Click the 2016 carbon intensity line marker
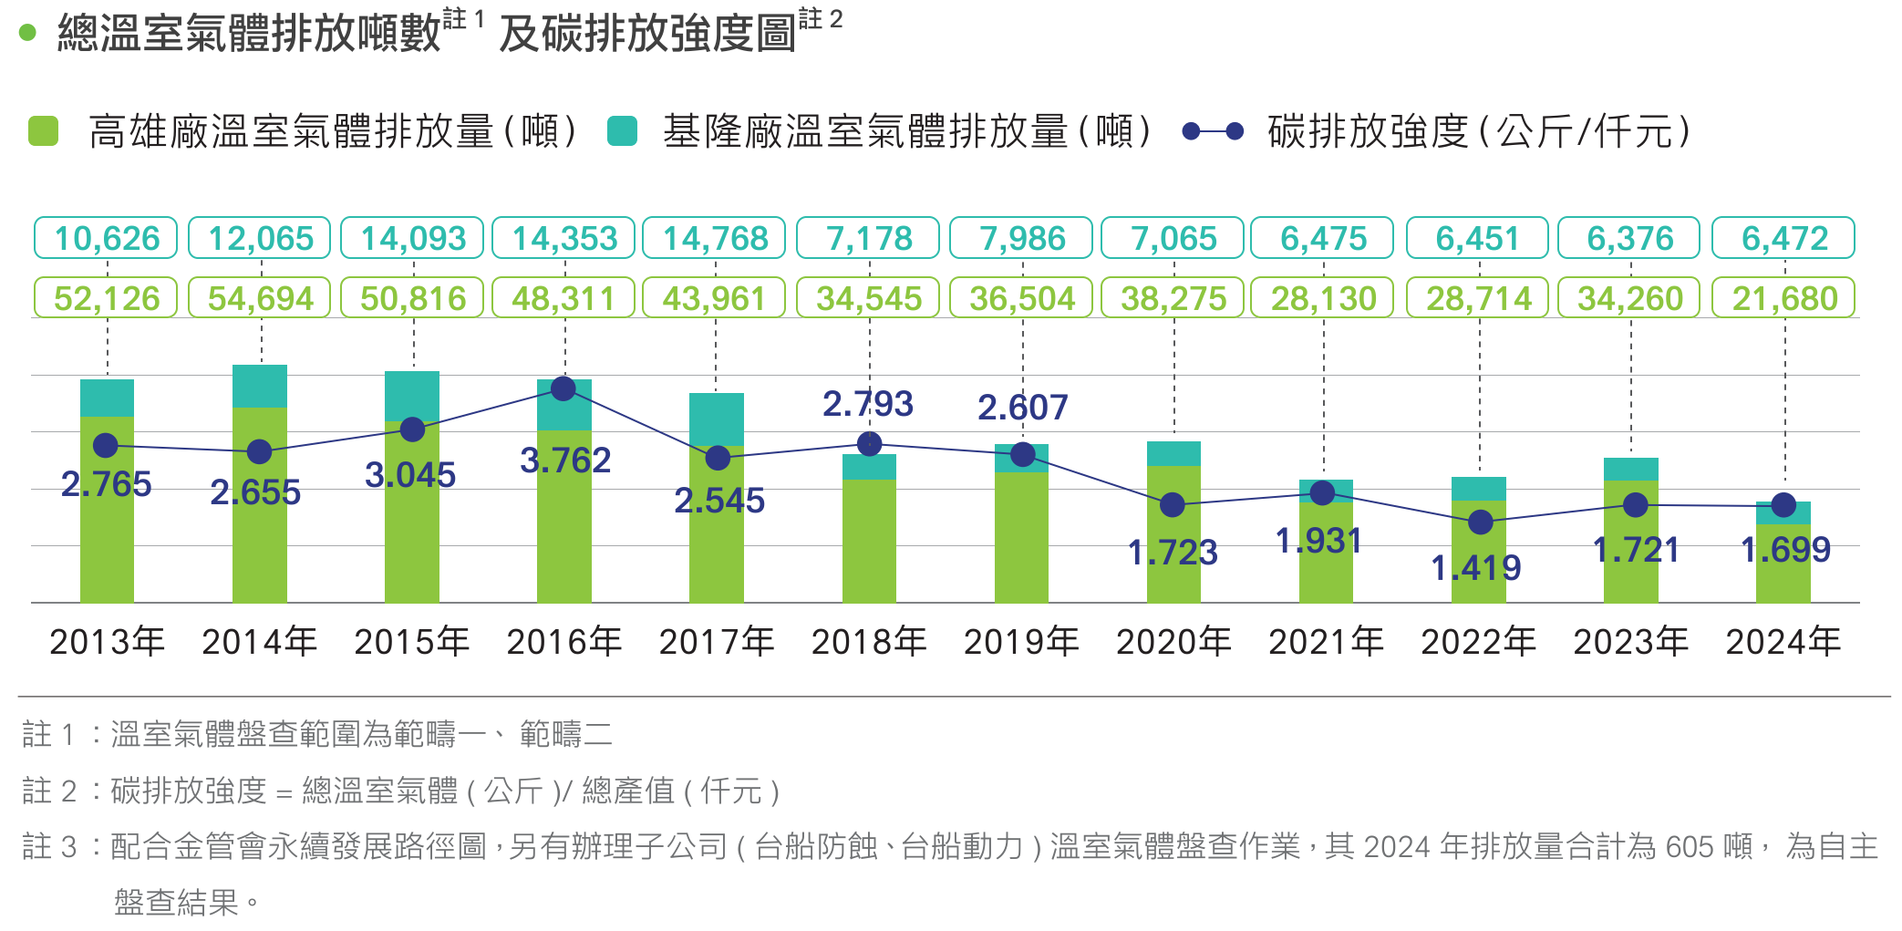(563, 388)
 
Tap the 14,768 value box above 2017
(714, 238)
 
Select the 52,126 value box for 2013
(106, 298)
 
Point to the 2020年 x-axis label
(1173, 642)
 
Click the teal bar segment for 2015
(412, 394)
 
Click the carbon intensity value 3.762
(565, 460)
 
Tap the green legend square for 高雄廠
(43, 131)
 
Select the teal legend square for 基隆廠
(621, 131)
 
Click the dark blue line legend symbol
(1213, 131)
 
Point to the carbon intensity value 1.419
(1476, 568)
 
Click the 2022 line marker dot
(1481, 522)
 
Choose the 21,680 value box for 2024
(1784, 298)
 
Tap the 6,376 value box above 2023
(1629, 238)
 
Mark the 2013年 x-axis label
(107, 642)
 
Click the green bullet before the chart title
(27, 33)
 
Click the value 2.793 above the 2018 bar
(867, 404)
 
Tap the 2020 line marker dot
(1173, 504)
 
